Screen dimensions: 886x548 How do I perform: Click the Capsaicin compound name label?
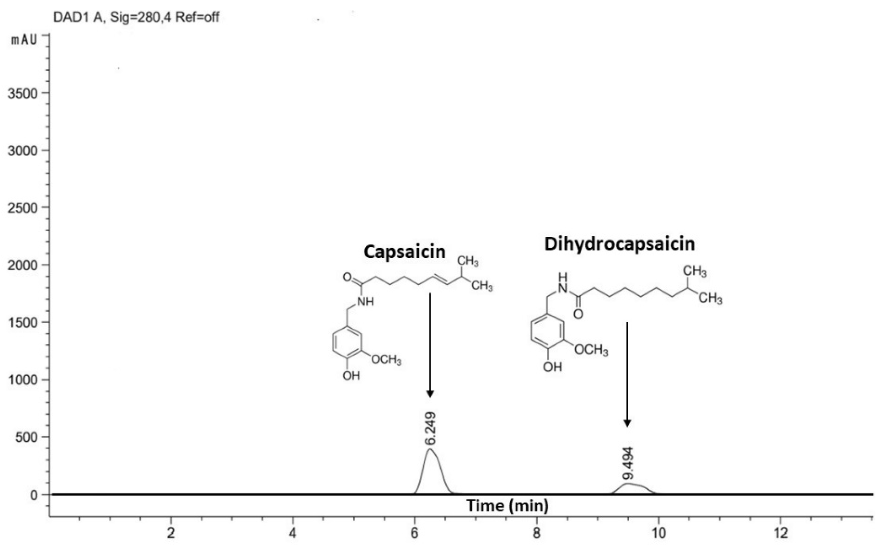pos(405,252)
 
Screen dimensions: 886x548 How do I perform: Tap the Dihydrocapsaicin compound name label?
pos(619,244)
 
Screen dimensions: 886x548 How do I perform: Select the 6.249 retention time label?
pos(430,428)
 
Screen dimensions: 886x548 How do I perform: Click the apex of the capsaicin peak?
pos(430,449)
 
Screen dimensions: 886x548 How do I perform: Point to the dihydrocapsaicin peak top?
pos(627,483)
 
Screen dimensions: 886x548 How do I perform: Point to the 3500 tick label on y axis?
pos(23,94)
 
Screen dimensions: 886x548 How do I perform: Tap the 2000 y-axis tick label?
pos(23,265)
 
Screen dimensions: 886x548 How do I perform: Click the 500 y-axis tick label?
pos(26,437)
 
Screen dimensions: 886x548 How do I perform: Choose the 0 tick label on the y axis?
pos(34,495)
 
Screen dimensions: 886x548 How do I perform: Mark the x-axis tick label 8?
pos(537,533)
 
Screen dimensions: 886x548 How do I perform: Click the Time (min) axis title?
pos(507,506)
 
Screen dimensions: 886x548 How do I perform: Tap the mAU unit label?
pos(24,40)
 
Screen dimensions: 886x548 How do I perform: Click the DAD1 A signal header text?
pos(136,17)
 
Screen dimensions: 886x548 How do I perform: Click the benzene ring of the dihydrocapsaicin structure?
pos(546,332)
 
